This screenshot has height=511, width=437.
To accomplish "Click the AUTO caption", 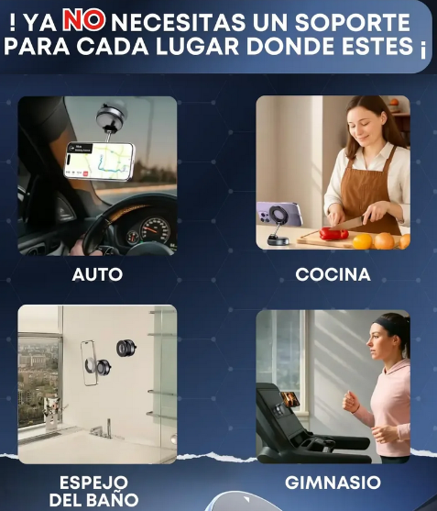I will [97, 274].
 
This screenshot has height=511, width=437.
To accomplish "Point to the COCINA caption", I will [333, 274].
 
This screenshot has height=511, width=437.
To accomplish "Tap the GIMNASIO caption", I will [333, 483].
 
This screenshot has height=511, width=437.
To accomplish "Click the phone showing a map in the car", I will [98, 160].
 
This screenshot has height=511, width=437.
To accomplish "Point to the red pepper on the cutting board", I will [333, 234].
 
